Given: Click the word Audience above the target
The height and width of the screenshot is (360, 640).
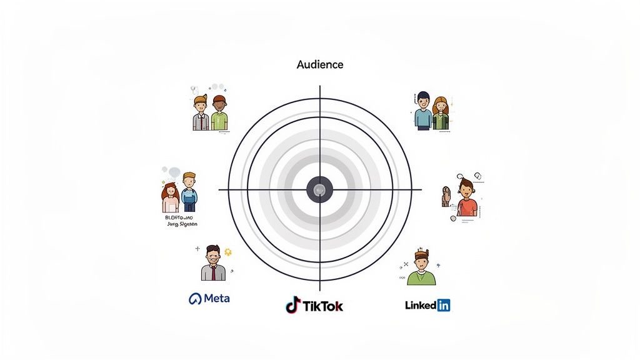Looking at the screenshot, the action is point(320,64).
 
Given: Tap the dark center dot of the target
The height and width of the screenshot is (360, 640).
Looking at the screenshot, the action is point(320,189).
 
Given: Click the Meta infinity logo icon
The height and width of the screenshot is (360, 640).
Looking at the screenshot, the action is point(195,299).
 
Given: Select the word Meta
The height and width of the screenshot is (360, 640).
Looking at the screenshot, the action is point(217,298).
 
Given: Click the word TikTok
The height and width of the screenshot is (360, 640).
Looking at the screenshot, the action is point(322,306).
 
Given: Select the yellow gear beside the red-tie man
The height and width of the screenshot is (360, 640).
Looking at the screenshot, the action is point(228,252).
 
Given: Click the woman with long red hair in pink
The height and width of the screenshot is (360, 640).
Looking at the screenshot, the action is point(170,197).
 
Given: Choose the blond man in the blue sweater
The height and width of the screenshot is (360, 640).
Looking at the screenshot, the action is point(189,192).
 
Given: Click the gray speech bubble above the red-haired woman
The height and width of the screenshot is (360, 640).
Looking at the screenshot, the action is point(172,172).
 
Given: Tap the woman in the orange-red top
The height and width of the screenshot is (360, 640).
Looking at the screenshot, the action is point(466,198).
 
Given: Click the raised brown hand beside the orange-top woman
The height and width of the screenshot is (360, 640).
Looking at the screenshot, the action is point(446,196).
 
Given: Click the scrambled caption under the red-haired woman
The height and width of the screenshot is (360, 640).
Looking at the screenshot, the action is point(181,220).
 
